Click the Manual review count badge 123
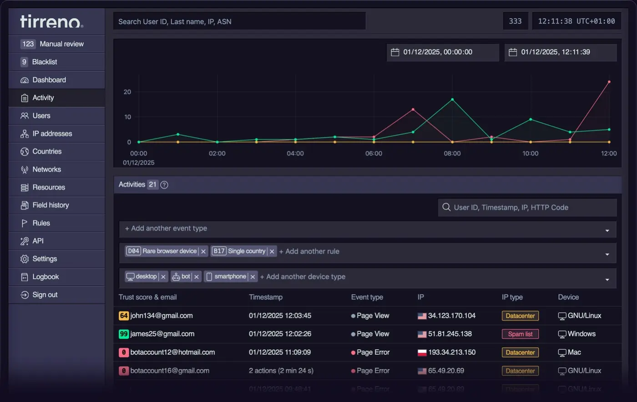click(x=28, y=44)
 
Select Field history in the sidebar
click(x=51, y=205)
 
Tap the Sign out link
click(x=45, y=295)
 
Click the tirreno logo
click(x=51, y=21)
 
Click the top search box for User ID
click(x=239, y=21)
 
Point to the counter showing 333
click(x=515, y=21)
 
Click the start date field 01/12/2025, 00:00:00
click(x=442, y=52)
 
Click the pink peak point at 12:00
click(x=609, y=82)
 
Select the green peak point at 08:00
click(x=452, y=99)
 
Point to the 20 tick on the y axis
click(x=127, y=92)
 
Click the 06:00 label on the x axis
click(x=374, y=154)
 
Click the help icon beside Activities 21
click(x=164, y=185)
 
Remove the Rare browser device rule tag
click(x=203, y=251)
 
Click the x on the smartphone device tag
click(x=253, y=277)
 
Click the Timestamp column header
click(x=265, y=297)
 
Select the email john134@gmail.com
click(x=162, y=316)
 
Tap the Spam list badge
click(x=520, y=334)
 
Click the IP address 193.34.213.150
click(x=451, y=352)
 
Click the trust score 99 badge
click(x=123, y=334)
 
